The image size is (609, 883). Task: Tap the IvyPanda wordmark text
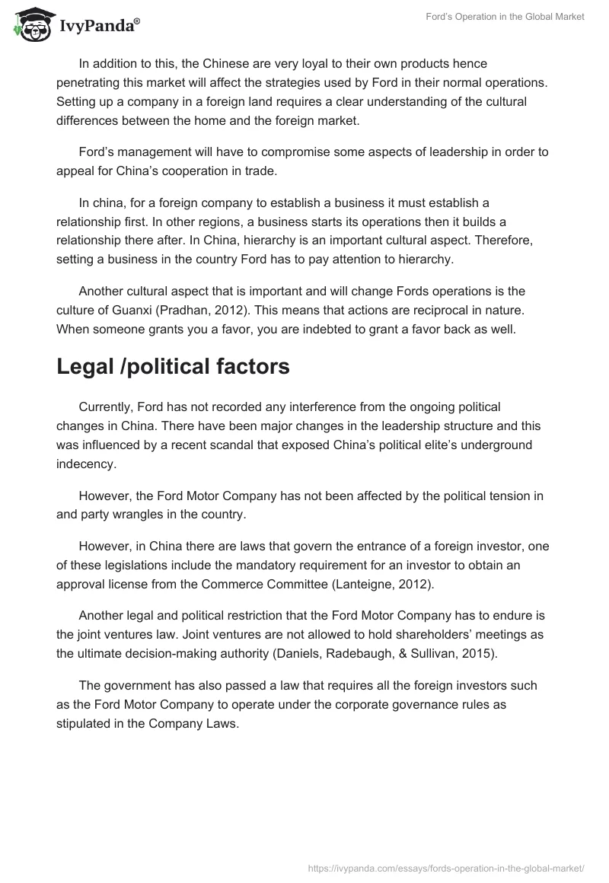click(x=98, y=26)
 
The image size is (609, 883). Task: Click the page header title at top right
click(x=505, y=17)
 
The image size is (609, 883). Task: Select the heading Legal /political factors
click(x=173, y=366)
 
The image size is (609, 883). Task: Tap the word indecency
click(x=87, y=464)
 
